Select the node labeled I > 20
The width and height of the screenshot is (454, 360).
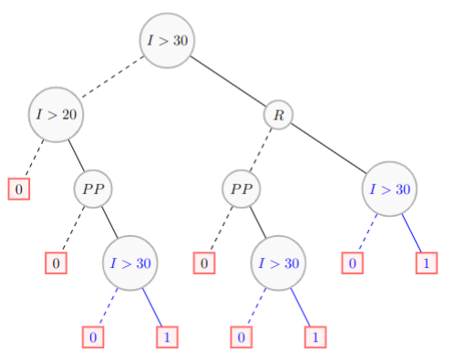point(55,115)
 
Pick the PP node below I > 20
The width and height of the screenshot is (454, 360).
point(93,190)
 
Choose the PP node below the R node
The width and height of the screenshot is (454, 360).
point(242,190)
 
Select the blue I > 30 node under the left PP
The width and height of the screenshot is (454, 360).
point(130,263)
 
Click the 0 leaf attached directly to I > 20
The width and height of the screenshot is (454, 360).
point(19,190)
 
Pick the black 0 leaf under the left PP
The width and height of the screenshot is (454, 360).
point(57,263)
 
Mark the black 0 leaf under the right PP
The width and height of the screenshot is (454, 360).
point(205,263)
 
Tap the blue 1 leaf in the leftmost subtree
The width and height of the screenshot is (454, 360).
point(167,337)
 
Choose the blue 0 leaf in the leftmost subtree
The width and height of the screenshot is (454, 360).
point(93,337)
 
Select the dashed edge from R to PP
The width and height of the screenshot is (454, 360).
point(261,151)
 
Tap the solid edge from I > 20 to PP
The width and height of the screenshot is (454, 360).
point(74,152)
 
